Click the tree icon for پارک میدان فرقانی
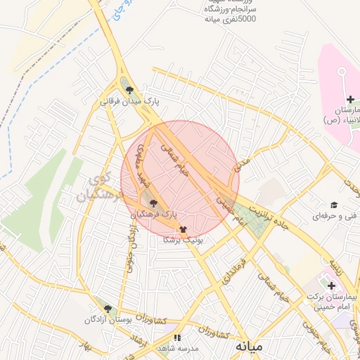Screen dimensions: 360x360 click(x=129, y=89)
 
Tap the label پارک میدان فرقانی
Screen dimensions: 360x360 click(x=131, y=101)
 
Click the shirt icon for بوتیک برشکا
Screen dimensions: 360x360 click(x=184, y=229)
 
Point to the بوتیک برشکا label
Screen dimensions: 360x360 click(x=183, y=240)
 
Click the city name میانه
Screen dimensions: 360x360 click(x=249, y=346)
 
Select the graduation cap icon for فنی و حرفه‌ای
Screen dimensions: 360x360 click(x=334, y=205)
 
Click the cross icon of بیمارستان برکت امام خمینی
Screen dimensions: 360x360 click(x=331, y=285)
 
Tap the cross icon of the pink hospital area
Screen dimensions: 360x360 click(x=350, y=100)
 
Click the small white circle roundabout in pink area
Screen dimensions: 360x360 click(x=342, y=71)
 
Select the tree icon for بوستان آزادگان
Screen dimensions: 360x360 click(x=108, y=309)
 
